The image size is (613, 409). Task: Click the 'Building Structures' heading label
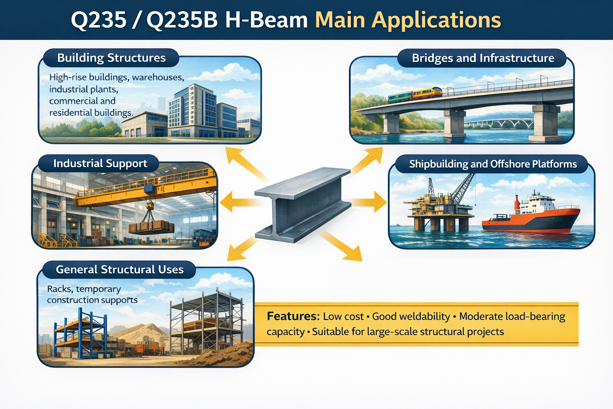point(111,58)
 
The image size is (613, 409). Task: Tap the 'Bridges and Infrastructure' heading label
point(483,58)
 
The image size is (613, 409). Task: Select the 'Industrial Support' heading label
point(100,164)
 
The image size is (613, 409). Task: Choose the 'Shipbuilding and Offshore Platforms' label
point(492,164)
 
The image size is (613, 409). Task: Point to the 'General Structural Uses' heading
point(120,270)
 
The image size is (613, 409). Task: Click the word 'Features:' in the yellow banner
point(293,316)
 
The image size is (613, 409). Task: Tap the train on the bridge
point(415,95)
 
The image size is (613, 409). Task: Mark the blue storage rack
point(82,336)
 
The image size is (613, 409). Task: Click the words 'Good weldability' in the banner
point(411,317)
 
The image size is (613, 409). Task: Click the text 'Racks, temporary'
point(84,289)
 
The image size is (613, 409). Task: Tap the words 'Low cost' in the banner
point(343,317)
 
